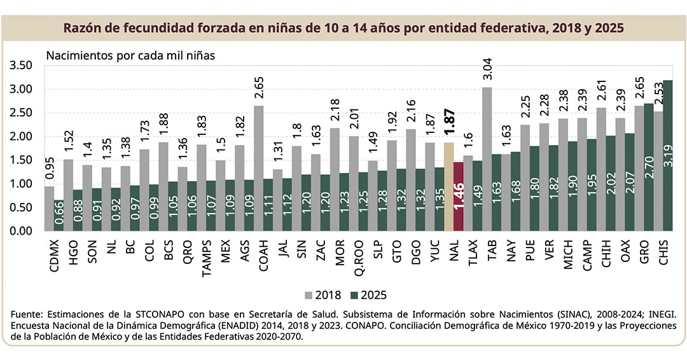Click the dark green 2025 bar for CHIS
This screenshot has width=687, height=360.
tap(668, 156)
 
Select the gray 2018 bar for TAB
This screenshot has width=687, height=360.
tap(486, 159)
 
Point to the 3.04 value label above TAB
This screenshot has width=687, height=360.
tap(487, 71)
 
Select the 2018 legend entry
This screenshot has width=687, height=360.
tap(324, 295)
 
